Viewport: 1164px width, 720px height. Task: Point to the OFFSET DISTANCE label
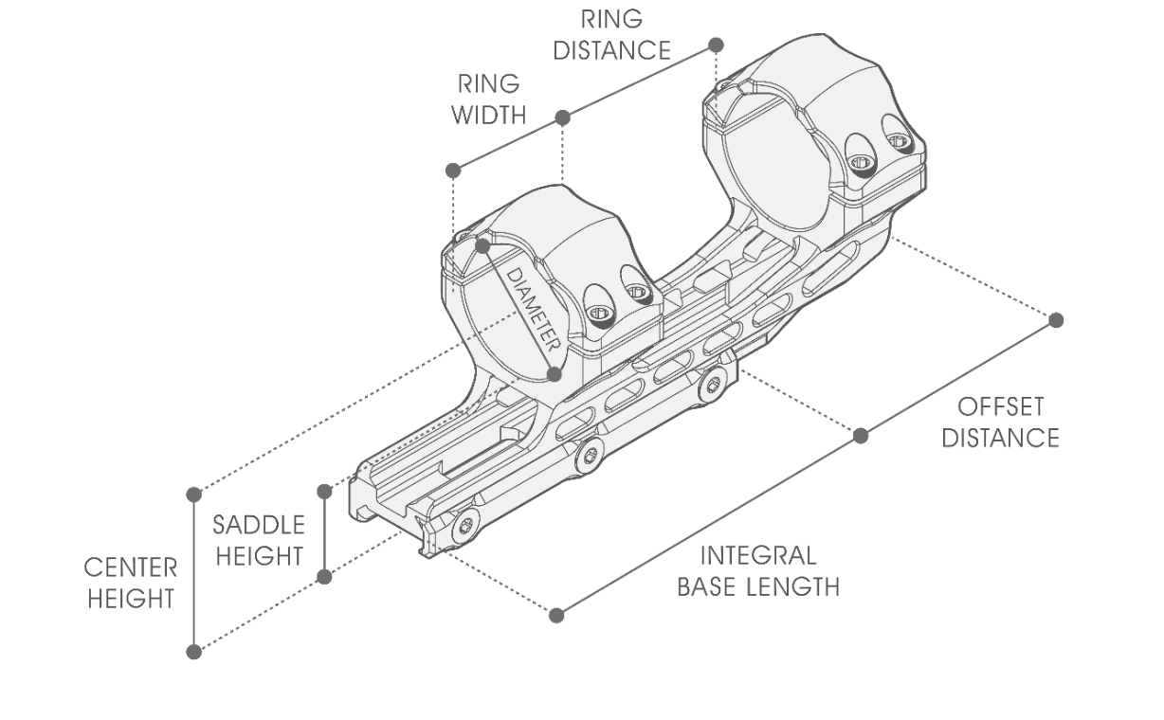point(1007,423)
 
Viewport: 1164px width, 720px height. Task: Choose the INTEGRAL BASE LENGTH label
point(757,570)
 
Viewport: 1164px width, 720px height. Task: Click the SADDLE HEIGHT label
point(259,540)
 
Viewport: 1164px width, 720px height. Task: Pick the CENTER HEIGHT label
point(131,583)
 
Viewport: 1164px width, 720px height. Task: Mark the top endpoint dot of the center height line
point(194,494)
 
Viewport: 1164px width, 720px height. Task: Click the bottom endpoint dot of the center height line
point(194,652)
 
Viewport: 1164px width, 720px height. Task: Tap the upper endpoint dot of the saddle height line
point(324,491)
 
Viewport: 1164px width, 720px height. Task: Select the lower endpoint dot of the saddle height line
point(324,576)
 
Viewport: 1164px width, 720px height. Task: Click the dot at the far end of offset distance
point(1057,320)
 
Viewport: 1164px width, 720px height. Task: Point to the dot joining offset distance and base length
point(861,436)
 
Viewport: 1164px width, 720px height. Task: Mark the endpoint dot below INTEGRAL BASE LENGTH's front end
point(556,615)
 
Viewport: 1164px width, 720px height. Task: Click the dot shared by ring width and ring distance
point(562,117)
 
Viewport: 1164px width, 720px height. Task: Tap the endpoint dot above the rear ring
point(717,45)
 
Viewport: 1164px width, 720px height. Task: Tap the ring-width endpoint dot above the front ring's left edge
point(453,171)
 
